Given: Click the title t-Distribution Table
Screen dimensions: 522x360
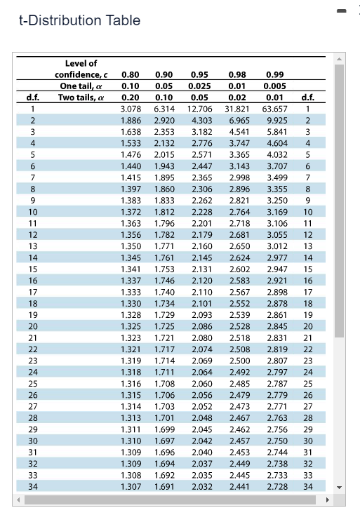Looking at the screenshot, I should (79, 20).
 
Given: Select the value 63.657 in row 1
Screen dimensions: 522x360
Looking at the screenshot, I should (274, 109).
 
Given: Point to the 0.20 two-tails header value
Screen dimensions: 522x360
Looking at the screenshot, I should (131, 97).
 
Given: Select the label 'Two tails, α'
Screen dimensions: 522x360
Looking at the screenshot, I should (82, 97).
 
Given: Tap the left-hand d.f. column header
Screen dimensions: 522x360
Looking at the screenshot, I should (32, 97).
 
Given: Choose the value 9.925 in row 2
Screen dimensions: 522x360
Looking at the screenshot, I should (276, 120).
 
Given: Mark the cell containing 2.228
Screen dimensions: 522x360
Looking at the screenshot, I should (202, 211).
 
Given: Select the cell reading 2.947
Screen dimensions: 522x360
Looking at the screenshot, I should (276, 268).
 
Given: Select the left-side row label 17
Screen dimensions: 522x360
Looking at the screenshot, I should (32, 291).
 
